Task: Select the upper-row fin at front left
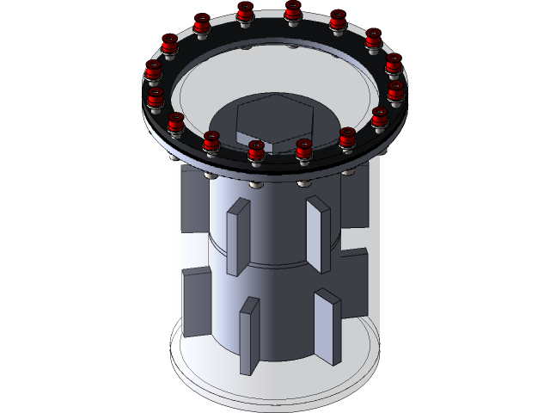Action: pos(238,237)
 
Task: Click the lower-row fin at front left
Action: pos(249,335)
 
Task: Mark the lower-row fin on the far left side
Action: pos(196,301)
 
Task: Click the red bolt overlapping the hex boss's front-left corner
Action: pos(256,151)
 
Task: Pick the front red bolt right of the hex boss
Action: pos(303,150)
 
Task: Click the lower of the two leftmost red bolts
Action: pos(156,98)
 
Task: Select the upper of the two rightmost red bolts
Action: pos(394,65)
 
